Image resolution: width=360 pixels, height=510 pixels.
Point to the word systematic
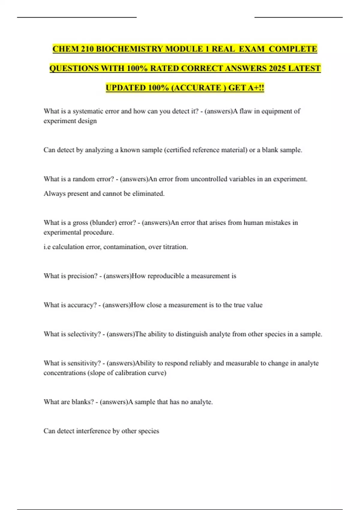88,111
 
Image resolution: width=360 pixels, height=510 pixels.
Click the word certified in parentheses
178,150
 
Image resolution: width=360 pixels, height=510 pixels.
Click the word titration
175,247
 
